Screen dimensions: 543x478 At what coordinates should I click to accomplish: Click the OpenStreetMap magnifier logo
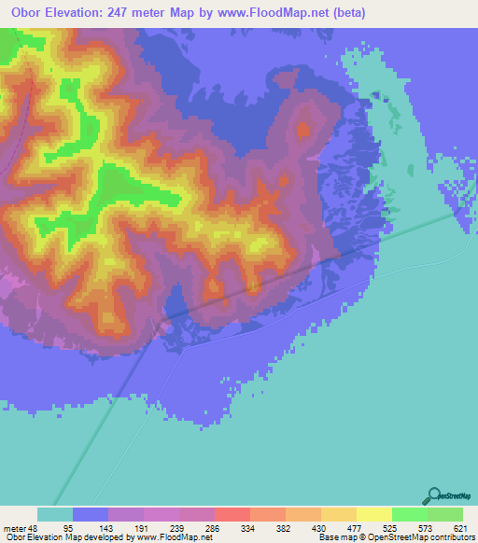pyautogui.click(x=433, y=495)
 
